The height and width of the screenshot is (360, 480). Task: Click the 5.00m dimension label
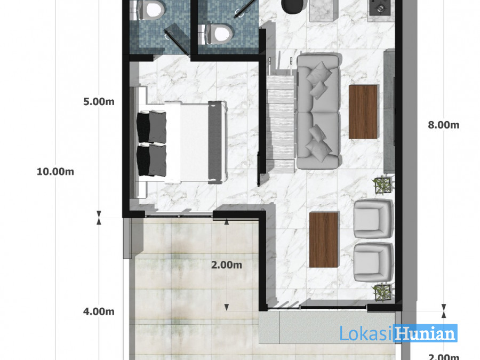pos(99,101)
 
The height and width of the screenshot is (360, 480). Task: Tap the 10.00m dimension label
pos(55,171)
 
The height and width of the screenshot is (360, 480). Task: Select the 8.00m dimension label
pos(444,125)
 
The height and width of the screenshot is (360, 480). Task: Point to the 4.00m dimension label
pos(99,311)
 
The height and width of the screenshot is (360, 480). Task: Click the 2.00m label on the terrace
pos(227,265)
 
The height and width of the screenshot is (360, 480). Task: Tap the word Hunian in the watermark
pos(425,333)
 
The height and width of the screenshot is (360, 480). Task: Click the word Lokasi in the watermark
pos(366,333)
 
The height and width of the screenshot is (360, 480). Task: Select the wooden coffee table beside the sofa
pos(363,112)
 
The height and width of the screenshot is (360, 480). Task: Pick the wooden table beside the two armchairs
pos(324,239)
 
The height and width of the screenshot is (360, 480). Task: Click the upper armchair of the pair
pos(373,219)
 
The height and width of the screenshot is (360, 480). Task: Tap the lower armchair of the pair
pos(373,262)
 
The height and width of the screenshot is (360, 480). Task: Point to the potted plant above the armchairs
pos(382,185)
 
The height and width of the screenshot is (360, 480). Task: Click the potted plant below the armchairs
pos(382,292)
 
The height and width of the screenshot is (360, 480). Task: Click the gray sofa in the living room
pos(318,111)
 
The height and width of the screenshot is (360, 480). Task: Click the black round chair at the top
pos(293,5)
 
